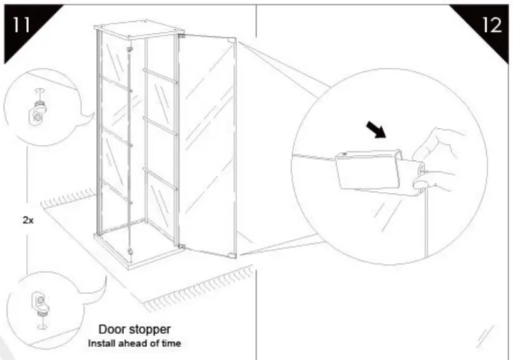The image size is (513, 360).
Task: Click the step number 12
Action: [x=490, y=26]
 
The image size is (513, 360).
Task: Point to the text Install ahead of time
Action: [x=134, y=344]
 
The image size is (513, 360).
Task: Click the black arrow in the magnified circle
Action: [x=375, y=130]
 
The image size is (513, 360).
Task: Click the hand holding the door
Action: [x=438, y=163]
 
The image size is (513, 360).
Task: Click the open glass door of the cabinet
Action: [x=206, y=144]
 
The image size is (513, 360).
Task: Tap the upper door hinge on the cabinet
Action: [x=181, y=38]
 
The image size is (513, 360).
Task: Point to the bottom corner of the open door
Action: [x=234, y=255]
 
